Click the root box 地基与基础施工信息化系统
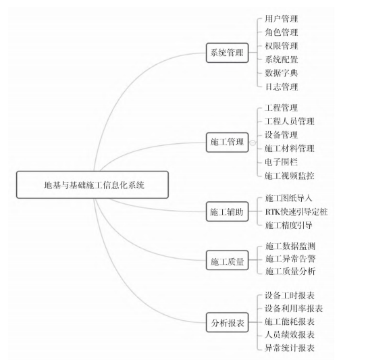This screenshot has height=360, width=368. pos(93,184)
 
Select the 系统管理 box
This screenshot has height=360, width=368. pos(227,53)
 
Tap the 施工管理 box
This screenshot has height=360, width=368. pos(227,143)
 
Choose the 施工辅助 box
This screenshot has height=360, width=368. pos(227,211)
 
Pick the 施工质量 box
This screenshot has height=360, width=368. pos(227,260)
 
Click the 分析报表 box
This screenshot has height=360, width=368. pos(227,322)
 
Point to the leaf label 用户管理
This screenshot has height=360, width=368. pos(282,19)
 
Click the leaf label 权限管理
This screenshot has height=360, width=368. pos(282,46)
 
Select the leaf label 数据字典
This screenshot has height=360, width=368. pos(282,73)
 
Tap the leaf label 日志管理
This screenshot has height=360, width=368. pos(282,86)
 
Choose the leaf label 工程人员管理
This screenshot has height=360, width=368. pos(290,122)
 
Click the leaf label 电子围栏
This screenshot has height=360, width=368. pos(282,162)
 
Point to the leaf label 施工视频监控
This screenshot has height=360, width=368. pos(290,176)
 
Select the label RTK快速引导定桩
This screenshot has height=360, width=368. pos(296,211)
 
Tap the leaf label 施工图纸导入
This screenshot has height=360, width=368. pos(289,198)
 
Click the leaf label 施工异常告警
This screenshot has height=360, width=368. pos(290,259)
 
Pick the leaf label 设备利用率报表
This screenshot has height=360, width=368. pos(294,309)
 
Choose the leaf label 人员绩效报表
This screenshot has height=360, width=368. pos(290,334)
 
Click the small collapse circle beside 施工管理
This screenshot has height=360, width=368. pos(253,143)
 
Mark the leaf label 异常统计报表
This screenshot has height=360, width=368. pos(290,348)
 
